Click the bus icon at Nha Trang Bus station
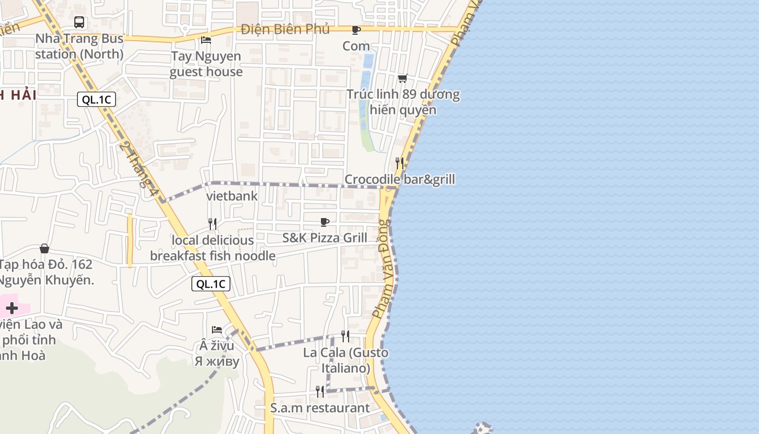[79, 22]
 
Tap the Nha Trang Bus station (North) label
[79, 47]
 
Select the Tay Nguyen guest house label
[206, 64]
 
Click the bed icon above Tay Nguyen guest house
[206, 40]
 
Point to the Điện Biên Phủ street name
[285, 29]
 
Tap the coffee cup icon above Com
[356, 30]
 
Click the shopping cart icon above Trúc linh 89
[403, 79]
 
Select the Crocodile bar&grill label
[400, 180]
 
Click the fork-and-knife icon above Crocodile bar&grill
[400, 163]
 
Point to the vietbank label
[232, 196]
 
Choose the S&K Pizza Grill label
[325, 238]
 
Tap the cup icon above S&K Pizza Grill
[325, 222]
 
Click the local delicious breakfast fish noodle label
[213, 248]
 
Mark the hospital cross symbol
[12, 308]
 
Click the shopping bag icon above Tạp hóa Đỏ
[44, 248]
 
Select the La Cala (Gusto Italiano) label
[346, 360]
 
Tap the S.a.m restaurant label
[320, 408]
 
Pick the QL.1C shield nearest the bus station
[97, 100]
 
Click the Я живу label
[217, 361]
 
